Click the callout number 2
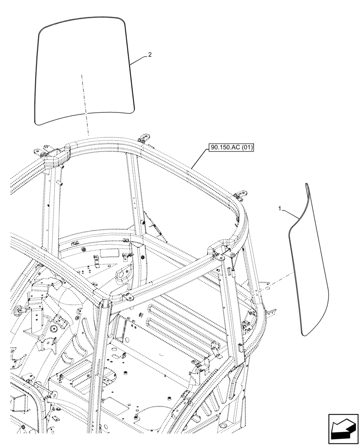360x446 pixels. point(150,55)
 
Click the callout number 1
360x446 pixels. point(279,208)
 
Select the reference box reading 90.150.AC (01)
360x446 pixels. point(230,148)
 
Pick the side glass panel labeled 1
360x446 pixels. point(310,268)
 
